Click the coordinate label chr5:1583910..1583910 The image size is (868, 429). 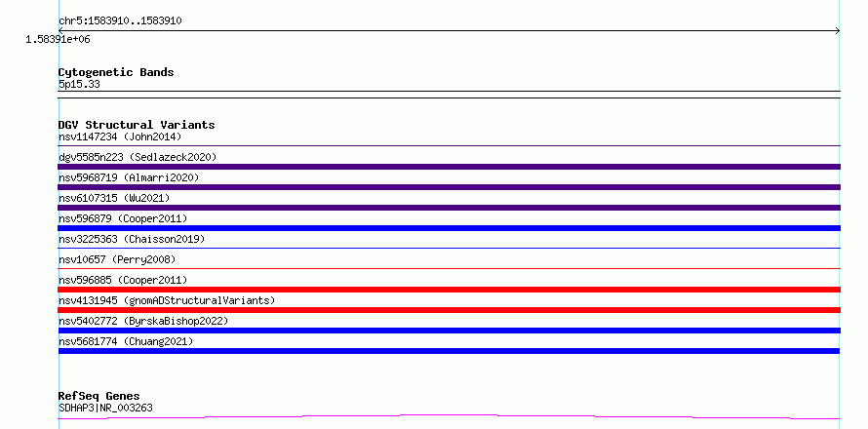coord(120,21)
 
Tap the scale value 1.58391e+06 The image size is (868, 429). coord(58,40)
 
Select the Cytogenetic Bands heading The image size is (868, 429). coord(116,72)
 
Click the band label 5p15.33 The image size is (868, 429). coord(79,85)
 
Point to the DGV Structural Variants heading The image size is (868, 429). coord(137,125)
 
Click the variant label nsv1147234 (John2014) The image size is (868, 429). coord(120,136)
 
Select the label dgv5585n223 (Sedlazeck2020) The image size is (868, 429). coord(138,157)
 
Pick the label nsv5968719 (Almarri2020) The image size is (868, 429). coord(129,177)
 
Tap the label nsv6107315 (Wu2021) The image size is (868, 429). coord(114,198)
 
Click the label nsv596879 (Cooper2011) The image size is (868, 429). coord(123,218)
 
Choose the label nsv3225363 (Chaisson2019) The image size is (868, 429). coord(132,239)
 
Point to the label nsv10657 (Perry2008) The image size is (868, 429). coord(117,259)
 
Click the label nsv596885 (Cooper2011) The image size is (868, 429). coord(123,280)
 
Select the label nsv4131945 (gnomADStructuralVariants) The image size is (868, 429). coord(167,300)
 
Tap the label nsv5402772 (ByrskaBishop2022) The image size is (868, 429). coord(143,321)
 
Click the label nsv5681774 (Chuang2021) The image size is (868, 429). coord(126,341)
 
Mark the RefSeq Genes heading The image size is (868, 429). coord(99,397)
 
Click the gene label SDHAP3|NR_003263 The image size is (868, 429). coord(105,409)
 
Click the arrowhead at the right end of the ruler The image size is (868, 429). coord(838,31)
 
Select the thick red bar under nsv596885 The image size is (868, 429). coord(450,290)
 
